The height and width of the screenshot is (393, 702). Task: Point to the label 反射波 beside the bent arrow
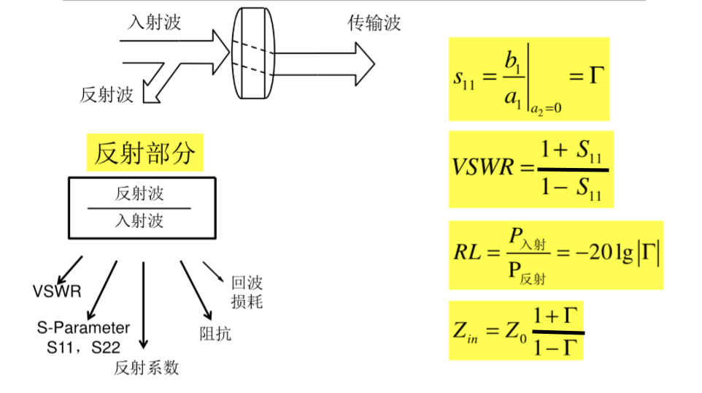[x=107, y=94]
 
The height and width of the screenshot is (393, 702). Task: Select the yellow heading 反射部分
[x=144, y=153]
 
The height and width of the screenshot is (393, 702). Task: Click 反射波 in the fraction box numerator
[x=139, y=194]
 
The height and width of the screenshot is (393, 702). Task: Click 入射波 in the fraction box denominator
[x=139, y=220]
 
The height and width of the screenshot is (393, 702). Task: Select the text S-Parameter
[x=83, y=327]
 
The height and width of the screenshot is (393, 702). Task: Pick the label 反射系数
[x=146, y=367]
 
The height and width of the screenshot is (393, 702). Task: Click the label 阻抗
[x=215, y=334]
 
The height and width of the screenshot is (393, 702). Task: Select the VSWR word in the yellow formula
[x=484, y=169]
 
